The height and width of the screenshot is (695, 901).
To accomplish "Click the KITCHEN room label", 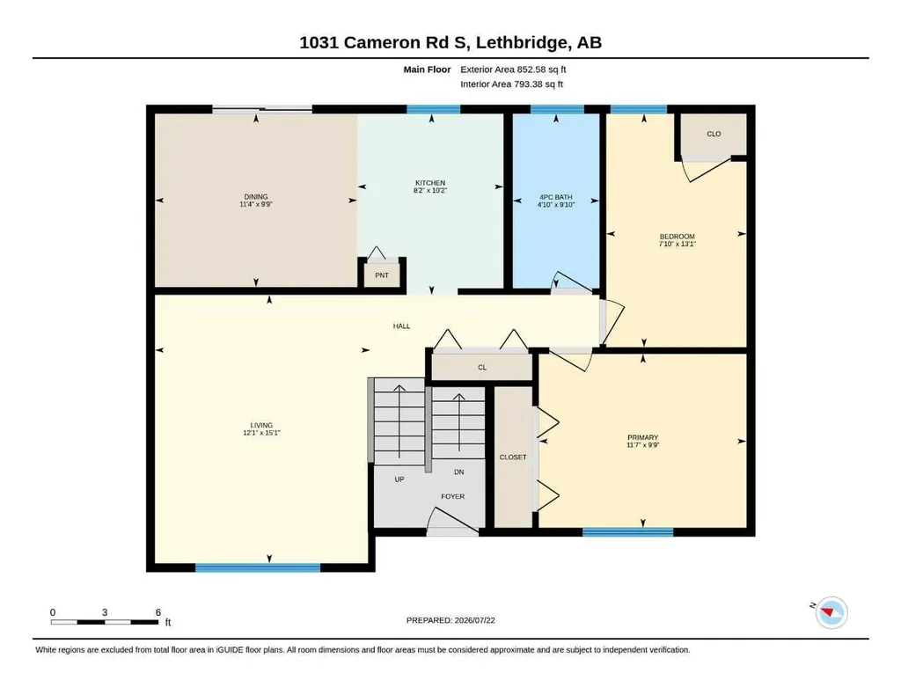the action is [429, 183].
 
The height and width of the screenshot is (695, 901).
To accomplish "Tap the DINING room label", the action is [256, 196].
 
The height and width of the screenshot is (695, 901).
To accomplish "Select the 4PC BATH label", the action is [556, 197].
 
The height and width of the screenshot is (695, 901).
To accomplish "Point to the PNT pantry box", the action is [382, 275].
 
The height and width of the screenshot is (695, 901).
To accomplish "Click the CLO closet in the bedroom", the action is [714, 134].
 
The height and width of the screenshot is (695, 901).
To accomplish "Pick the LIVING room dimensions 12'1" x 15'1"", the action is [261, 433].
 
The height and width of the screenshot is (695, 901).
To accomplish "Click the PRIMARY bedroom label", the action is [642, 437].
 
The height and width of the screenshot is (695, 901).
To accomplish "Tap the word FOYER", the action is [453, 496].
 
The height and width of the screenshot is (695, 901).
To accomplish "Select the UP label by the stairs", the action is [399, 479].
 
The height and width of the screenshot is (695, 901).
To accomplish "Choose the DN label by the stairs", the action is [459, 472].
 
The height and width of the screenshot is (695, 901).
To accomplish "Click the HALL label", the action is [401, 326].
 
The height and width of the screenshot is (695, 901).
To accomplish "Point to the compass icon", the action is [831, 612].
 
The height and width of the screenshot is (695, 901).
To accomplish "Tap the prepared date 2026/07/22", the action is [474, 620].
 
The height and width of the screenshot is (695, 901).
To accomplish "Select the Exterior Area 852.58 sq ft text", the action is [513, 69].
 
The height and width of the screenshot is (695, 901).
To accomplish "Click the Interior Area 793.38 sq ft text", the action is [511, 84].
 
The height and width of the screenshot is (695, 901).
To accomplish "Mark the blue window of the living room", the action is [258, 568].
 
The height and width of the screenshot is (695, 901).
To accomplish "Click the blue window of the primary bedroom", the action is [628, 532].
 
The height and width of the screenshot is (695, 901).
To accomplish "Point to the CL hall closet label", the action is [482, 368].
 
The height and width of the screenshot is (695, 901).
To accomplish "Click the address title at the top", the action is [450, 42].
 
